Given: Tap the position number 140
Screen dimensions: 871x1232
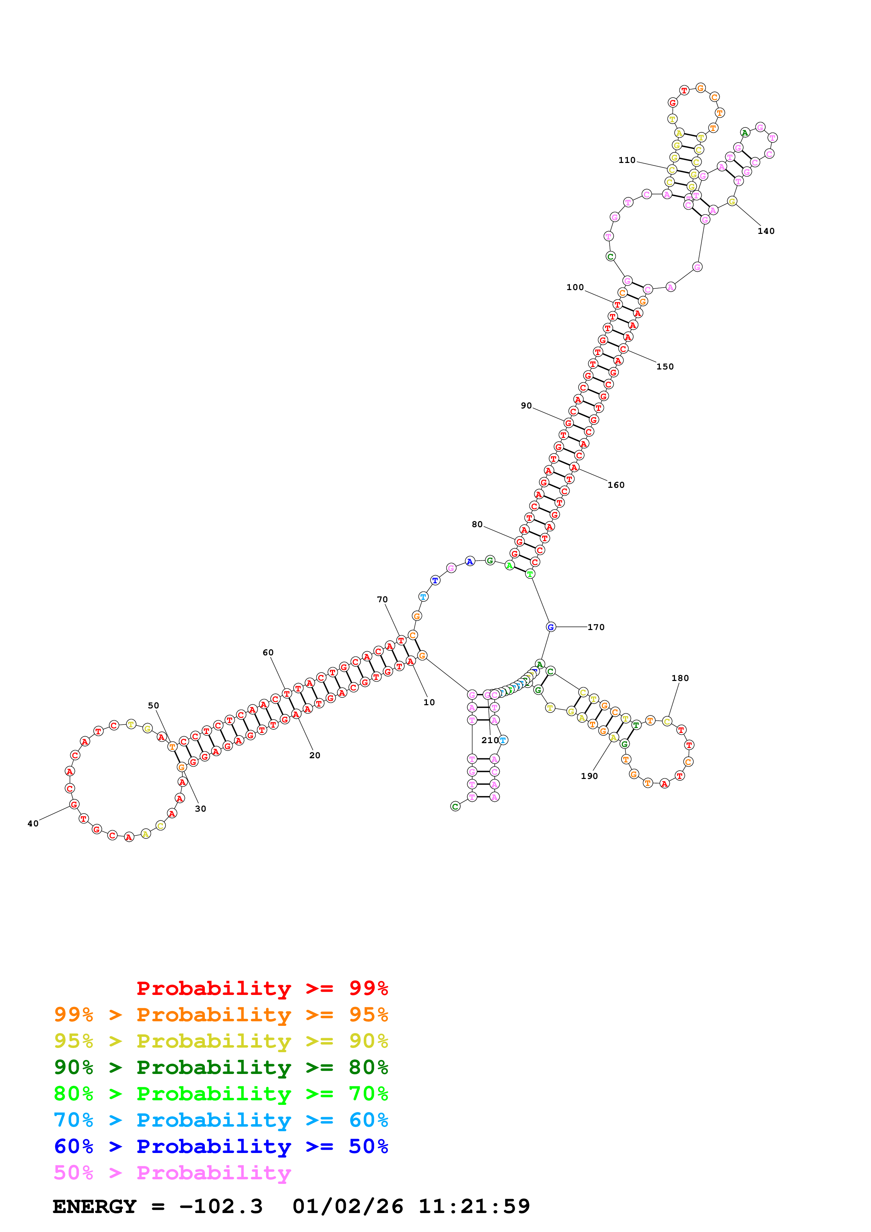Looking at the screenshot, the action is [x=766, y=231].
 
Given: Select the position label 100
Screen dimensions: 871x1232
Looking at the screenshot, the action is [x=575, y=287].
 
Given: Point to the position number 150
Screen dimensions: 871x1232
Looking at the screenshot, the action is [x=665, y=367].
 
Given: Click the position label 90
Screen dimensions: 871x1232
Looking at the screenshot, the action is [x=526, y=406].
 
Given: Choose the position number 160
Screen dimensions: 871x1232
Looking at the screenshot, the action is [x=616, y=485].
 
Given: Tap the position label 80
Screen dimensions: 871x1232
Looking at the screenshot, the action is [x=477, y=524].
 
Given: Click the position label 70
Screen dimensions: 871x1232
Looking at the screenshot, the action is [x=382, y=599].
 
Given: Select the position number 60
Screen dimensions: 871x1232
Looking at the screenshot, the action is [x=268, y=653].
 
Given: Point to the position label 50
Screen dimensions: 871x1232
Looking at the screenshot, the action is [x=154, y=706].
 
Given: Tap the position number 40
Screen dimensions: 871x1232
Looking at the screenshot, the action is [x=33, y=824].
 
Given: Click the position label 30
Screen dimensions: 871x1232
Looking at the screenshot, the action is [x=200, y=809].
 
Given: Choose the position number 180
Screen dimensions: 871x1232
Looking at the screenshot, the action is [x=680, y=678].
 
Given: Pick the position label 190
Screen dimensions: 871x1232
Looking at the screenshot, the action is [x=589, y=776].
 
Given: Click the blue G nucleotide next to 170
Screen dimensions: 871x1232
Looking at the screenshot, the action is [x=551, y=627].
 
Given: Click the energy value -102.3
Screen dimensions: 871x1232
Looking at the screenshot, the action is [x=221, y=1206].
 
